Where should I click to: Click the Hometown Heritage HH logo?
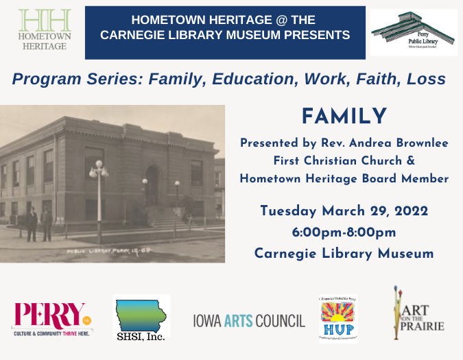(x=43, y=29)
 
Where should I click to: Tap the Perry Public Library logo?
(x=414, y=32)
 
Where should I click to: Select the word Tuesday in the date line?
(x=290, y=211)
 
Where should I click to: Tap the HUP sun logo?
(x=338, y=317)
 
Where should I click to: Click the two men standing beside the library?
(x=38, y=224)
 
